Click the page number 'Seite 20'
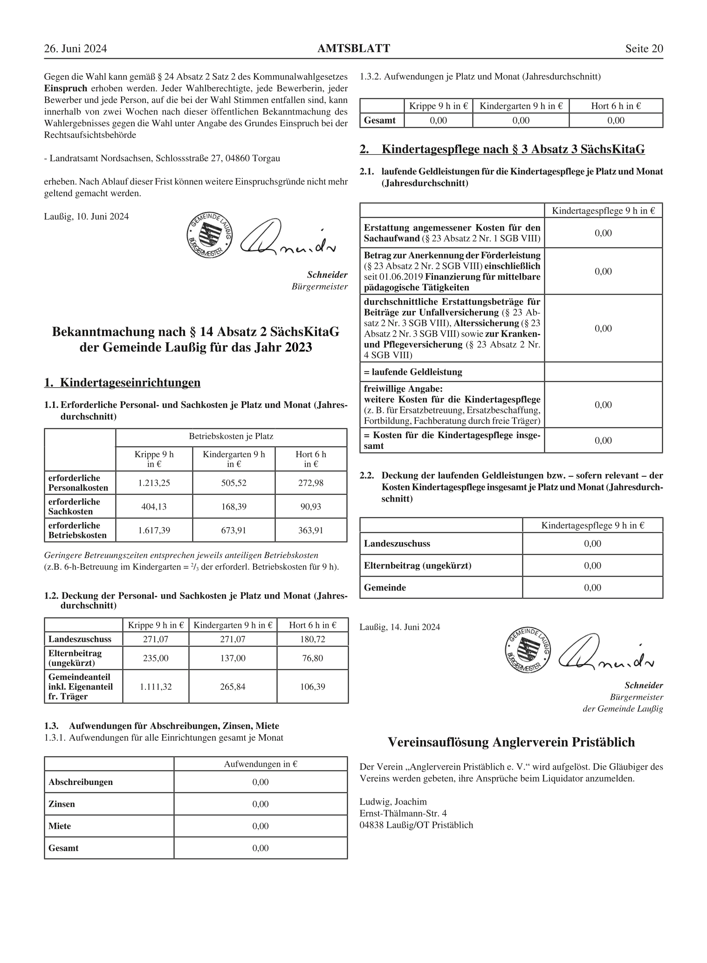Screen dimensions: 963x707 click(x=644, y=49)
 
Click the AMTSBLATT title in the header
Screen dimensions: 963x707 click(x=354, y=48)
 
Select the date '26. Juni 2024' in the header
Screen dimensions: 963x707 click(x=76, y=49)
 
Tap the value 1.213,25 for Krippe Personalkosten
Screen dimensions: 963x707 click(x=154, y=483)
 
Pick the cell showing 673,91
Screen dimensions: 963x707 click(x=233, y=530)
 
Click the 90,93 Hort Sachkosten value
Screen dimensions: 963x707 click(x=311, y=506)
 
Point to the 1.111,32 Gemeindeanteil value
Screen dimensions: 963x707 click(x=156, y=687)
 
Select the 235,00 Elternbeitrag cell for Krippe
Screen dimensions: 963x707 click(x=156, y=658)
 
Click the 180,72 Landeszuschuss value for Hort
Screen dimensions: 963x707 click(x=312, y=639)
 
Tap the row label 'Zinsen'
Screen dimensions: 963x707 click(x=62, y=804)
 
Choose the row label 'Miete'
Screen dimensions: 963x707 click(x=60, y=826)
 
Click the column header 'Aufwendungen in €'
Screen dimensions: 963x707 click(x=261, y=764)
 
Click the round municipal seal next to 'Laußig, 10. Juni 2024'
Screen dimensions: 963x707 click(x=209, y=235)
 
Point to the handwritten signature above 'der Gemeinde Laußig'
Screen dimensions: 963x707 click(x=605, y=652)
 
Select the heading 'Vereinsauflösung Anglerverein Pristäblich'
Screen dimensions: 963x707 click(x=511, y=742)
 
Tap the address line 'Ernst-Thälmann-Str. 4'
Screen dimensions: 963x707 click(x=403, y=813)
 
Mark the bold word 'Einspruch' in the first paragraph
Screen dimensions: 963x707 click(x=65, y=88)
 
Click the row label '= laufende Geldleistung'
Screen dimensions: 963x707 click(x=413, y=372)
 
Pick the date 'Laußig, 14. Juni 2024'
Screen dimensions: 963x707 click(x=399, y=627)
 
